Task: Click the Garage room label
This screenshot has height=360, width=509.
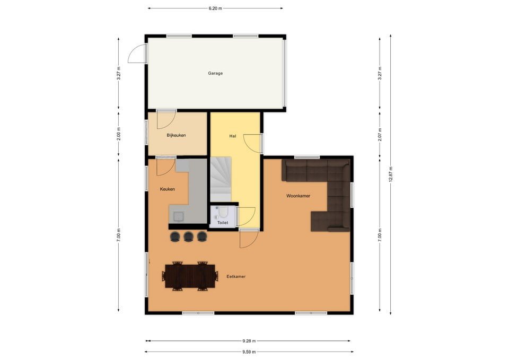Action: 215,73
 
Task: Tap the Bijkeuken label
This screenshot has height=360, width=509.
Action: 176,135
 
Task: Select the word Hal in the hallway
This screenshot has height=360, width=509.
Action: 232,136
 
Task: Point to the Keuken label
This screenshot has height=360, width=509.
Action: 167,189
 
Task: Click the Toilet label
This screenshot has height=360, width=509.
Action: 223,223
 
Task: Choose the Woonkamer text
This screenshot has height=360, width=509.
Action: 298,196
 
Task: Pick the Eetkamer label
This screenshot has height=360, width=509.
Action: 236,277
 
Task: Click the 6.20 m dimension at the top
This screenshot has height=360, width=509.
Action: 215,8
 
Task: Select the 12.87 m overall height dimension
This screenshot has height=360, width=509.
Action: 391,174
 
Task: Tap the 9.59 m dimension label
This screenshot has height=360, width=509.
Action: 249,352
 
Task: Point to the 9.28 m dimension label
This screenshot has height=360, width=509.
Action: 249,341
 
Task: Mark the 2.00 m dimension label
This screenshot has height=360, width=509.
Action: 118,134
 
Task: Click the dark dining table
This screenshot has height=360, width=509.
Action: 190,276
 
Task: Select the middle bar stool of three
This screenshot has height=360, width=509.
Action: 188,236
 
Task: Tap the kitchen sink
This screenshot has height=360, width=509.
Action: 179,216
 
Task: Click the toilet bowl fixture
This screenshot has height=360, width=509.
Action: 223,212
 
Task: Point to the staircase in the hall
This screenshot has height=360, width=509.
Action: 221,179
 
